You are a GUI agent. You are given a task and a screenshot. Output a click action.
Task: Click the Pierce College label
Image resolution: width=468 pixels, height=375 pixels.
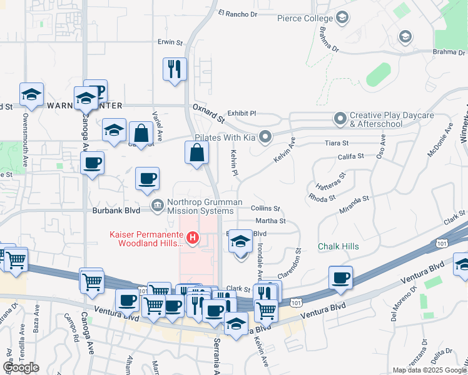click(x=305, y=18)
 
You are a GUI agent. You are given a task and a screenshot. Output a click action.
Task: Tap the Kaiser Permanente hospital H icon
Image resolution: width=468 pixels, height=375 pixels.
click(x=193, y=238)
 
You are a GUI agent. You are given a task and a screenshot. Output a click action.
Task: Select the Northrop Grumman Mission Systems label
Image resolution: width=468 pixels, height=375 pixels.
click(x=195, y=206)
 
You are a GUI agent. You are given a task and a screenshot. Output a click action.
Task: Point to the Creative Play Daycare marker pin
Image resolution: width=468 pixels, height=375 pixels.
click(x=340, y=118)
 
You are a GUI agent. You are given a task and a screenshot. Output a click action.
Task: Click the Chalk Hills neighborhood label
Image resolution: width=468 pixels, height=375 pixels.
click(x=338, y=247)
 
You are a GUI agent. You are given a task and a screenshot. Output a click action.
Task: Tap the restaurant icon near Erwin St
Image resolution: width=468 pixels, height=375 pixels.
click(x=175, y=68)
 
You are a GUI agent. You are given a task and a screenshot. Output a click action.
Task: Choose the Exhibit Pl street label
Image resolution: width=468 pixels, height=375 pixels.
click(x=242, y=114)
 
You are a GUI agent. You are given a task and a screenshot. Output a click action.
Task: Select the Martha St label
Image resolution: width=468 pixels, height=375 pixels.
click(x=270, y=221)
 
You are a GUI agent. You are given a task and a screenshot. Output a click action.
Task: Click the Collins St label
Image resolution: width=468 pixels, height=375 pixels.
click(x=265, y=208)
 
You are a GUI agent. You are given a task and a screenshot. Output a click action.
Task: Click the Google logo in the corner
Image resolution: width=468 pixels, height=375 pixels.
click(x=21, y=367)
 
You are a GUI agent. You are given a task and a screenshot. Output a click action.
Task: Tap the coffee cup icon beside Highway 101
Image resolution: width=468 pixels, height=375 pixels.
click(x=340, y=277)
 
